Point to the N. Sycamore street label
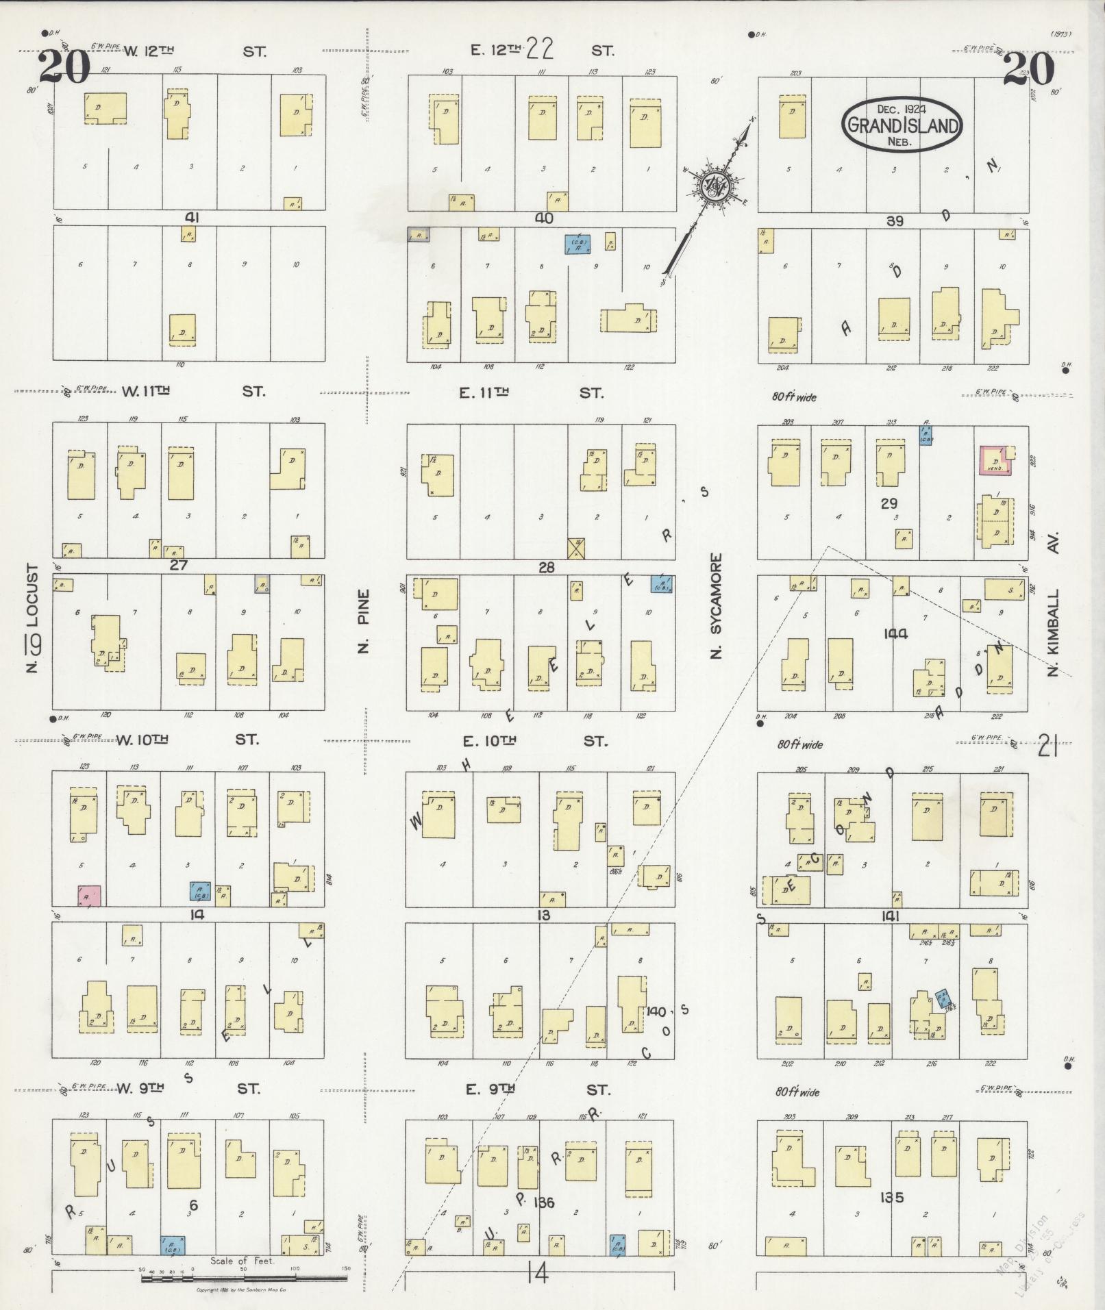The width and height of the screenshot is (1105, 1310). point(717,607)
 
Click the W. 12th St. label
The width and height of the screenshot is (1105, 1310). point(194,51)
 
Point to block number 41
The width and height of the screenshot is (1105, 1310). point(192,218)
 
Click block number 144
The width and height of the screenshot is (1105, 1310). point(895,634)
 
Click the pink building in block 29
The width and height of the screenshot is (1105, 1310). point(995,460)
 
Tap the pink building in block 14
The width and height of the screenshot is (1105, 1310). point(89,896)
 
